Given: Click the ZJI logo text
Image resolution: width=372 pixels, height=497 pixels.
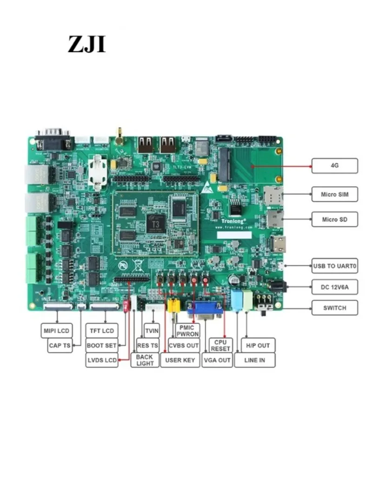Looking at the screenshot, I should coord(87,44).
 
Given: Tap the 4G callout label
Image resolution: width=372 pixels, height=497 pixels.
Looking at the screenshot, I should coord(334,166).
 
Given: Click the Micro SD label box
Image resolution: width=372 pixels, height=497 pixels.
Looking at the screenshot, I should coord(334,219).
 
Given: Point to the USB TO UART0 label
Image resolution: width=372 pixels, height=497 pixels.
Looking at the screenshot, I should coord(334,266).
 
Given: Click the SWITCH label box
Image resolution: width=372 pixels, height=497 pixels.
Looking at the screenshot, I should coord(334,308).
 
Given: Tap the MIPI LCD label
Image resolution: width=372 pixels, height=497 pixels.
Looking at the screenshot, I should coord(57,331).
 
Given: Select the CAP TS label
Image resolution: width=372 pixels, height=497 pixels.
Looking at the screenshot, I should coord(60,346).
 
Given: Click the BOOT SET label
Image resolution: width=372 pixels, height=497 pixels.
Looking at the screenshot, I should coord(101,346).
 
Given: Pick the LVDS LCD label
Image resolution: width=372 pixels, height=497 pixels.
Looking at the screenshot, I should coord(101,360).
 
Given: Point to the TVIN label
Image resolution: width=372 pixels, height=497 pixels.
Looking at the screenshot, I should coord(152,331).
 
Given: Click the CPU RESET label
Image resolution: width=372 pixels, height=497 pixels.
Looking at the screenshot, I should coord(220,345).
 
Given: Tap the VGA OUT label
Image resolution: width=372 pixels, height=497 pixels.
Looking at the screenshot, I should coord(217,360).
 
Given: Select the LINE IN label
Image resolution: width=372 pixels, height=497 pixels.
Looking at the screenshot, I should coord(254,360).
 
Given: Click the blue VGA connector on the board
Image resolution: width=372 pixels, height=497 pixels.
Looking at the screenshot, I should coord(205,309).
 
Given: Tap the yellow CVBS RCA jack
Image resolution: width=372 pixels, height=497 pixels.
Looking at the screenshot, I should coord(173,306).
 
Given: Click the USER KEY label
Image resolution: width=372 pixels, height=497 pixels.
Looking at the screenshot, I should coord(179,360).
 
